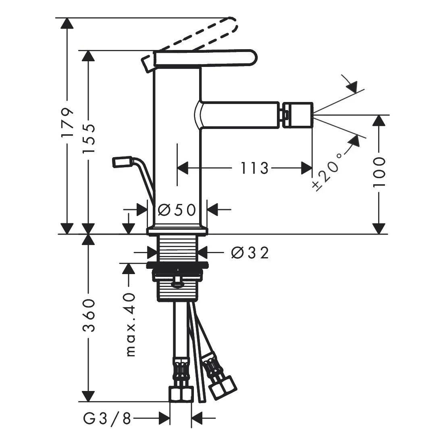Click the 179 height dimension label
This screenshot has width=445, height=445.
click(x=68, y=122)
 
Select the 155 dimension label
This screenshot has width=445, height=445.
click(x=89, y=139)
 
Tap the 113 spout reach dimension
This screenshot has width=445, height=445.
click(x=254, y=168)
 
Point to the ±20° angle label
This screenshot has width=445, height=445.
click(x=326, y=171)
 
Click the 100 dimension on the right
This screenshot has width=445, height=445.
click(x=379, y=172)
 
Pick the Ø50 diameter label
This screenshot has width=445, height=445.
click(x=177, y=210)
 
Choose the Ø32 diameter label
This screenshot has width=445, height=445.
click(x=250, y=253)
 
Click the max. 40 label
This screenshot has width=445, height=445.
click(x=131, y=324)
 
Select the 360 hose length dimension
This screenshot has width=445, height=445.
click(x=89, y=315)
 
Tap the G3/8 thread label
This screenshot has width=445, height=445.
click(x=107, y=418)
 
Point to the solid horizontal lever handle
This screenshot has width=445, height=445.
click(x=205, y=59)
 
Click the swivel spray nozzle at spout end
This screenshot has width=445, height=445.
click(x=297, y=115)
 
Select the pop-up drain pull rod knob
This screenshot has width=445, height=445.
click(x=122, y=162)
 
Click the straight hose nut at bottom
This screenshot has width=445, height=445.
click(x=181, y=394)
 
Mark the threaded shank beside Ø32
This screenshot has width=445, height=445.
click(x=178, y=248)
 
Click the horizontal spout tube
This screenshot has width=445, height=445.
click(x=240, y=115)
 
